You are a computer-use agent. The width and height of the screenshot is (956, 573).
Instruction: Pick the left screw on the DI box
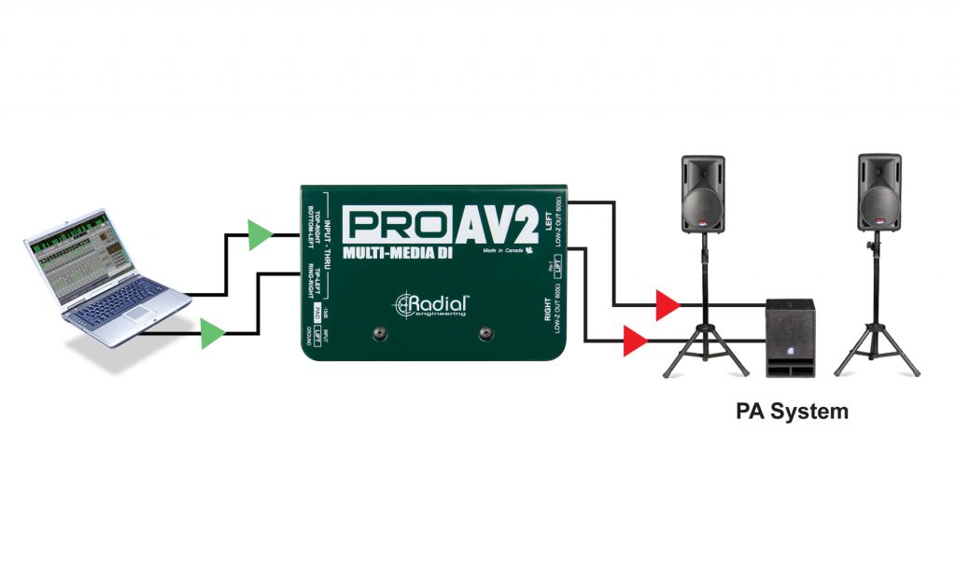(380, 334)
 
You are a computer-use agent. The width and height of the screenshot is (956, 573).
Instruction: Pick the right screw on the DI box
(485, 334)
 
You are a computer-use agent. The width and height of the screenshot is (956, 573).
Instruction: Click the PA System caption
(792, 411)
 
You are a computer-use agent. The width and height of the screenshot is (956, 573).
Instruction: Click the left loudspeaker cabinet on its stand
(703, 194)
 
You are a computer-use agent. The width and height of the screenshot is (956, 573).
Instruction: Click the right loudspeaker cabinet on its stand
(879, 194)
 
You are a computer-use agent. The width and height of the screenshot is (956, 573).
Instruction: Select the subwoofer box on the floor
(790, 337)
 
